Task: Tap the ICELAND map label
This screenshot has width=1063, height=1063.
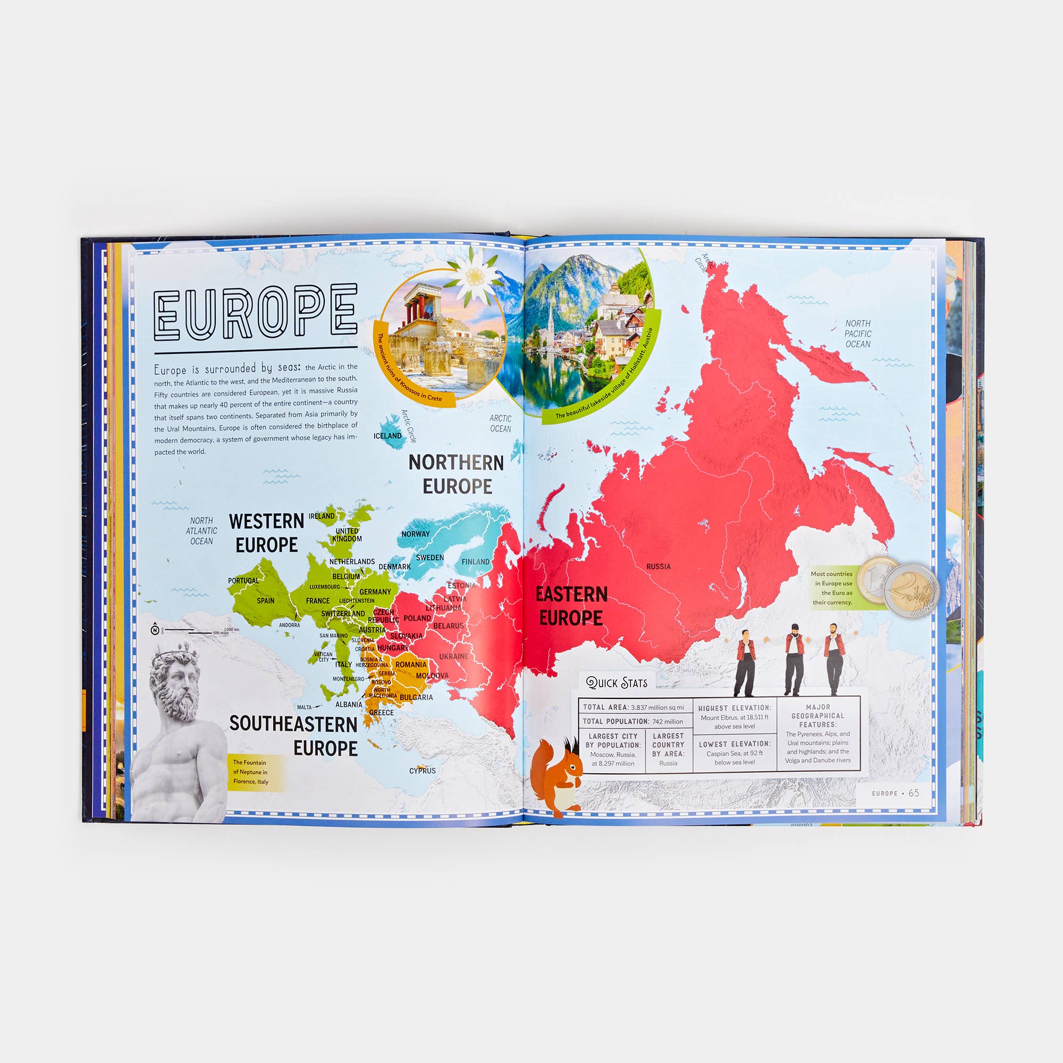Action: click(x=387, y=436)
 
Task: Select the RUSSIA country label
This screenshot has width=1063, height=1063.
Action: click(x=658, y=566)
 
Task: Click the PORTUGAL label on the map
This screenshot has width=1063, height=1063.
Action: click(x=243, y=580)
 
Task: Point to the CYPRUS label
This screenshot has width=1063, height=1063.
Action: click(x=422, y=771)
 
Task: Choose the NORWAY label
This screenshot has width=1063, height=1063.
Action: click(x=416, y=534)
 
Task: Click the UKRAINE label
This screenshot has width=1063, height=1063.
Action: click(x=453, y=656)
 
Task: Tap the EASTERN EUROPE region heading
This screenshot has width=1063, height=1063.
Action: click(x=571, y=606)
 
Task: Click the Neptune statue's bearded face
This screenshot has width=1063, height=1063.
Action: click(x=177, y=688)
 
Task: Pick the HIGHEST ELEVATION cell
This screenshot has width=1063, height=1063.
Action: click(x=735, y=717)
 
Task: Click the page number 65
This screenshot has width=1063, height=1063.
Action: click(x=914, y=793)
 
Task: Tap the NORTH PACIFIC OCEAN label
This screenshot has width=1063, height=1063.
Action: click(x=858, y=334)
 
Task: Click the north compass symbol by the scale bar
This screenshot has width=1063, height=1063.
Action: click(x=155, y=630)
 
